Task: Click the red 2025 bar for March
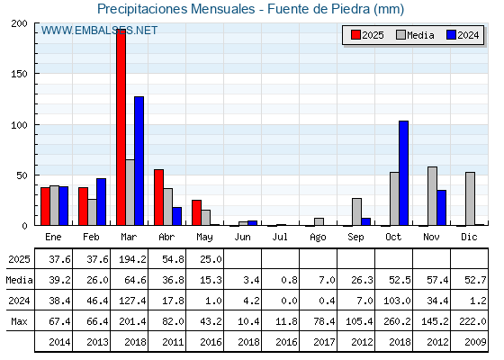(x=121, y=127)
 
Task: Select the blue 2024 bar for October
(x=404, y=173)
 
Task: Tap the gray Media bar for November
(x=432, y=196)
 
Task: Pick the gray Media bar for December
(x=470, y=199)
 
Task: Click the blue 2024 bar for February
(x=101, y=202)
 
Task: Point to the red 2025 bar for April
(x=158, y=197)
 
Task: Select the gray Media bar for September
(x=356, y=211)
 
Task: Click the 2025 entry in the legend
(x=368, y=35)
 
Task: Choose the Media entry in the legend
(x=415, y=35)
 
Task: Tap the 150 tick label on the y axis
(x=19, y=74)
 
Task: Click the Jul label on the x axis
(x=280, y=238)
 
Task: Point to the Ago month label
(x=318, y=238)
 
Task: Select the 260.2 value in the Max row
(x=397, y=321)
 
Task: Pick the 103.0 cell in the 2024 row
(x=397, y=301)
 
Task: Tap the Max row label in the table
(x=19, y=321)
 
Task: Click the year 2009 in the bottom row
(x=475, y=342)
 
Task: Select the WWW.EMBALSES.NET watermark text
(x=99, y=31)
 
